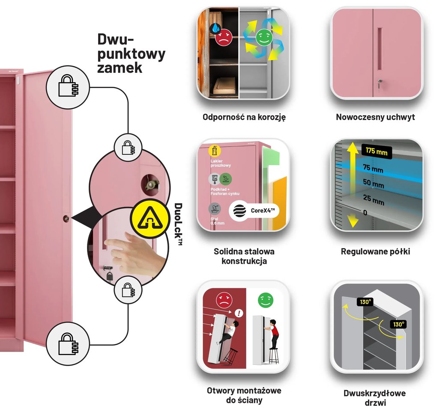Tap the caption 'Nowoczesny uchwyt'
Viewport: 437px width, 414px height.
[x=375, y=117]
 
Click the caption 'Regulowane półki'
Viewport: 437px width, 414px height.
[x=375, y=251]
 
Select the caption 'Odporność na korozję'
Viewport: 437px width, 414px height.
[x=244, y=117]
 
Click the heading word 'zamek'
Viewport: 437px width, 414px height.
[x=120, y=68]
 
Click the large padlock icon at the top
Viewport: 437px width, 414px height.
[x=68, y=86]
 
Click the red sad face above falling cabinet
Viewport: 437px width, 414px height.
[x=223, y=300]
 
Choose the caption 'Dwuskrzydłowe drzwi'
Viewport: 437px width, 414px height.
[x=374, y=397]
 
